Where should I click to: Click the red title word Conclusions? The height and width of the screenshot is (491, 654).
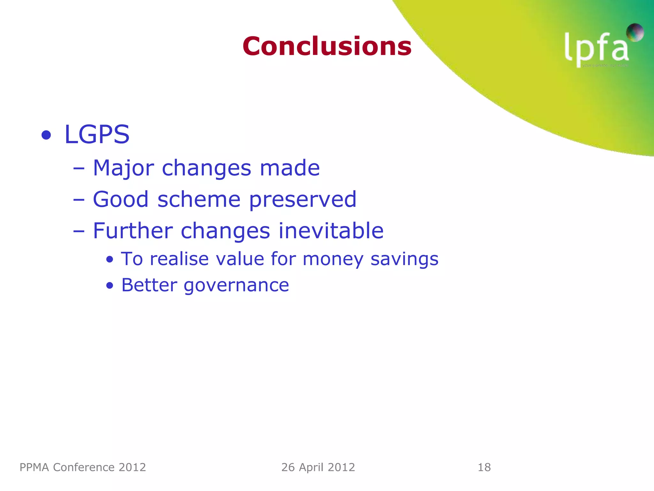pyautogui.click(x=327, y=46)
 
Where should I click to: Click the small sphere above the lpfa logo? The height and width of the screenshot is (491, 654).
pyautogui.click(x=635, y=32)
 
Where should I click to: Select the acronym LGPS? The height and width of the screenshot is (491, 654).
pyautogui.click(x=97, y=135)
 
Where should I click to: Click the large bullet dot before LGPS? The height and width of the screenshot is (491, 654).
pyautogui.click(x=46, y=135)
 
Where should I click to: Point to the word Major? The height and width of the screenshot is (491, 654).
pyautogui.click(x=123, y=168)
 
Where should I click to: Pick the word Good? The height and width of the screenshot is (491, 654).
pyautogui.click(x=121, y=199)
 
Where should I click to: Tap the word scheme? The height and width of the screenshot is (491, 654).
pyautogui.click(x=199, y=199)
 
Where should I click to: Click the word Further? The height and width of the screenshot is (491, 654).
pyautogui.click(x=133, y=230)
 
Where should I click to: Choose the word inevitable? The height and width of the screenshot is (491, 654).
pyautogui.click(x=331, y=230)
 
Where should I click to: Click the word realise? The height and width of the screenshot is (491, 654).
pyautogui.click(x=179, y=259)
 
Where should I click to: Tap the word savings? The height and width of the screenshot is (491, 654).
pyautogui.click(x=404, y=259)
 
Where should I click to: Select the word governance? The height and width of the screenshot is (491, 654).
pyautogui.click(x=236, y=285)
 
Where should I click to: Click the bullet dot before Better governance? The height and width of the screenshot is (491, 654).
pyautogui.click(x=110, y=285)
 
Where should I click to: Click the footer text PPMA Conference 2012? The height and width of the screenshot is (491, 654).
pyautogui.click(x=83, y=467)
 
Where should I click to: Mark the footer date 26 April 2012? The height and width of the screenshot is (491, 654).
pyautogui.click(x=318, y=467)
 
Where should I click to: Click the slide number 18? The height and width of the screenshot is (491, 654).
pyautogui.click(x=484, y=467)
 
